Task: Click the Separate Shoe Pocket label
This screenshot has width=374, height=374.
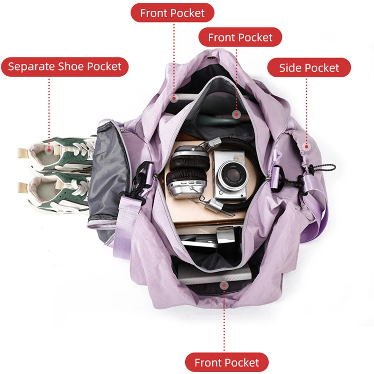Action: click(x=65, y=67)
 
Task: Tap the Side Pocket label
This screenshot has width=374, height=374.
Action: click(x=309, y=67)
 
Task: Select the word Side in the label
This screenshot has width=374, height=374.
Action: click(x=289, y=68)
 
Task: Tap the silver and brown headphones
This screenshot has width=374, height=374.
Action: click(x=188, y=172)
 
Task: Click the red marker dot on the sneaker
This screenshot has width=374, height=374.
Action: click(x=49, y=150)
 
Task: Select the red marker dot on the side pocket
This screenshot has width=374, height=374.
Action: click(x=307, y=146)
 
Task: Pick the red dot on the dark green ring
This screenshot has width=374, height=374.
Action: click(x=237, y=115)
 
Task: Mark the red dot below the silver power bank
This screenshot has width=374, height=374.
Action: click(x=224, y=285)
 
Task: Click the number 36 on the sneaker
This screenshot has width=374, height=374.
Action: click(x=60, y=211)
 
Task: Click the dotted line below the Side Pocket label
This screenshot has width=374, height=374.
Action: click(x=307, y=110)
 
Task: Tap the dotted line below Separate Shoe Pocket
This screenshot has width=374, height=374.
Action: click(x=49, y=112)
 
